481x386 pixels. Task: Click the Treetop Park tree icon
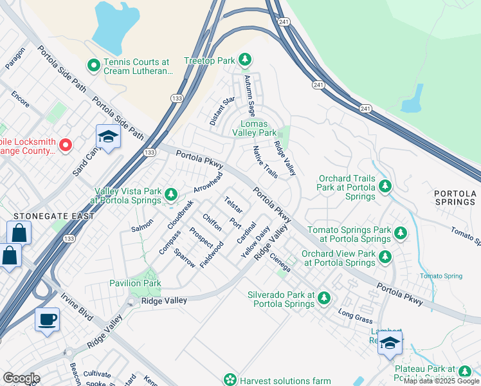pos(244,60)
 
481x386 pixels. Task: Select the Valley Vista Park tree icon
pos(170,194)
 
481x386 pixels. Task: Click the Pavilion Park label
pos(134,283)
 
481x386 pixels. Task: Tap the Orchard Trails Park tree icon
pos(385,187)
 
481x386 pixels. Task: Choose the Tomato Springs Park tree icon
pos(401,233)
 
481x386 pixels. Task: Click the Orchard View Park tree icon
pos(385,257)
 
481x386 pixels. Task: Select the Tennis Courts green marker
pos(93,65)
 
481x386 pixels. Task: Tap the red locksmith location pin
pos(65,145)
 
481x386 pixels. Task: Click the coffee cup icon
pos(47,319)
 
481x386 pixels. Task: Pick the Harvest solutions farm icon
pos(230,380)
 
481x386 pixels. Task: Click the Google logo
pos(21,378)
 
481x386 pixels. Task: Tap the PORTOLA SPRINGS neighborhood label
pos(455,198)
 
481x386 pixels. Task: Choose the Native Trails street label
pos(265,161)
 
